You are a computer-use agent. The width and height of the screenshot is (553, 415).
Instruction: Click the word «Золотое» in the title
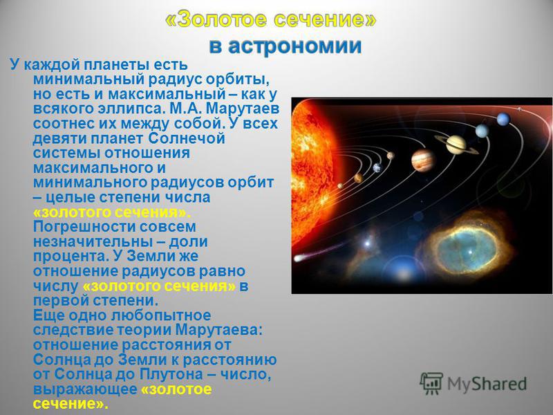pyautogui.click(x=221, y=19)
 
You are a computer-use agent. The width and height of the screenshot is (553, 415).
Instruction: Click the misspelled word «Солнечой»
pyautogui.click(x=186, y=138)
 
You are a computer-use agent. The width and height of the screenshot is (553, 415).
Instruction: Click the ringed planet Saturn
pyautogui.click(x=456, y=145)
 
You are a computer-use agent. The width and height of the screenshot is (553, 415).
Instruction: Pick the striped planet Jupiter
pyautogui.click(x=423, y=160)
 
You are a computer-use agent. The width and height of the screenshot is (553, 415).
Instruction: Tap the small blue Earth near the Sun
pyautogui.click(x=377, y=167)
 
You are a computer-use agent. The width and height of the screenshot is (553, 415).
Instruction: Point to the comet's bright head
pyautogui.click(x=299, y=258)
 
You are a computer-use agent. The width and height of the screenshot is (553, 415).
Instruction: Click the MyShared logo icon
pyautogui.click(x=431, y=383)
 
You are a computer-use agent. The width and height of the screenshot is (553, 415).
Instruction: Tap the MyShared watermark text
pyautogui.click(x=487, y=384)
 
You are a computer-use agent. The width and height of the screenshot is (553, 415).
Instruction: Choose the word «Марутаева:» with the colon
pyautogui.click(x=219, y=331)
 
